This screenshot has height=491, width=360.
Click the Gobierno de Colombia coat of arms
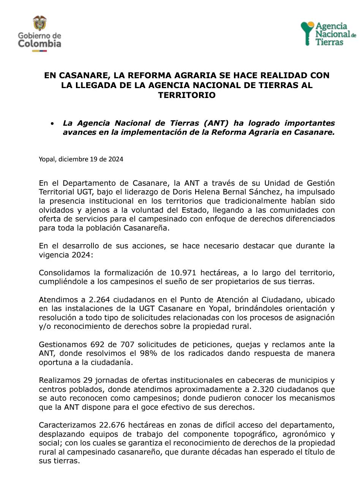(39, 23)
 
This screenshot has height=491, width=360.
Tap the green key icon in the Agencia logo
(306, 33)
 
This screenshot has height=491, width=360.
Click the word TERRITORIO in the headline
(187, 95)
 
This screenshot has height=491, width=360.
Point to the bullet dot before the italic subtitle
(53, 123)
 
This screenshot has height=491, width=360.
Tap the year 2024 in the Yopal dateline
(116, 159)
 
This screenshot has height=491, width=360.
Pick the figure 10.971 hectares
(184, 273)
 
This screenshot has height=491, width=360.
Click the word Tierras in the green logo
(330, 42)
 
